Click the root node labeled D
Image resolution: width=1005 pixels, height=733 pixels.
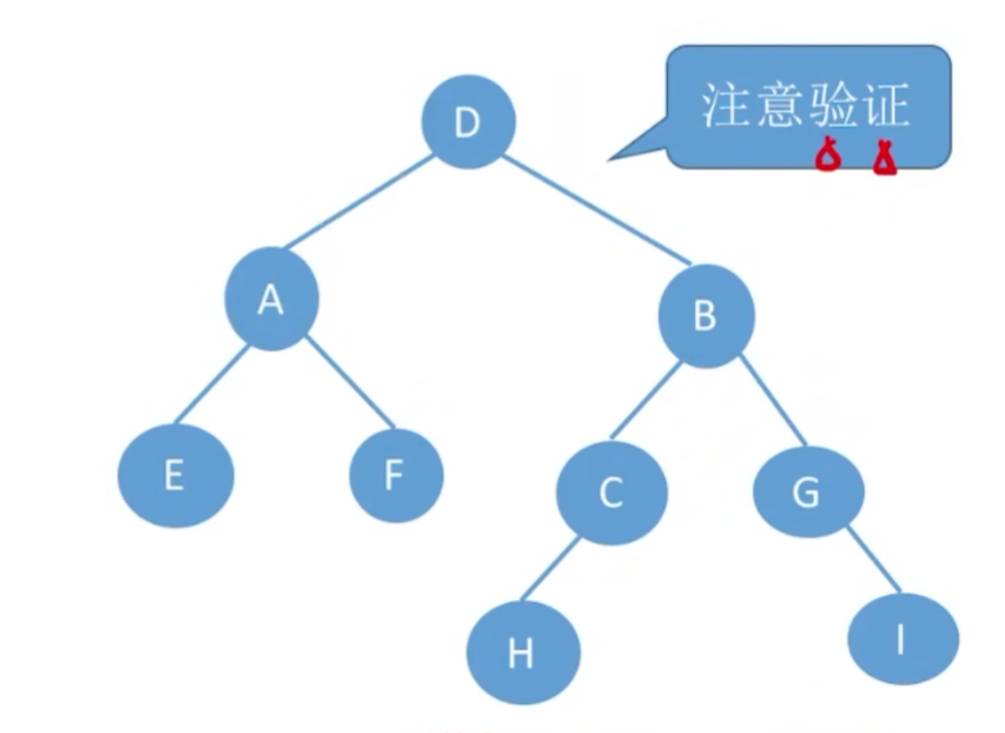(468, 123)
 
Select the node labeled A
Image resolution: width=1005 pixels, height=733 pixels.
(271, 299)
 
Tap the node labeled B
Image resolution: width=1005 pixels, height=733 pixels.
(706, 317)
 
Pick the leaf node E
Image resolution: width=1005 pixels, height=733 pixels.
(175, 475)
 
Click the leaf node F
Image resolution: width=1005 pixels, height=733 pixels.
(396, 476)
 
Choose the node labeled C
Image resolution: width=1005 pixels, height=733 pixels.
(611, 492)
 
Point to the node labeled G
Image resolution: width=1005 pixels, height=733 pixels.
(808, 492)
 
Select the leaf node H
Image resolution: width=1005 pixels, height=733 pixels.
(521, 653)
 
